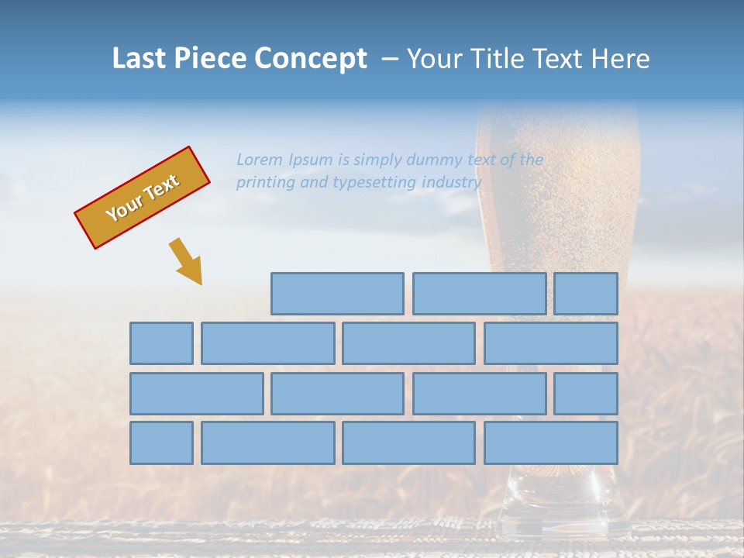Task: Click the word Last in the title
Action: tap(139, 59)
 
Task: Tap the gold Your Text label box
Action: tap(143, 198)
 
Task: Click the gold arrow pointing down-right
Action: tap(187, 262)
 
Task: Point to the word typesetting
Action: tap(374, 183)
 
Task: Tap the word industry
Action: tap(451, 183)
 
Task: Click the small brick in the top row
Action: tap(586, 294)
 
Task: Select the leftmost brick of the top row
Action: tap(337, 294)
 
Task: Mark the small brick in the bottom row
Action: tap(161, 443)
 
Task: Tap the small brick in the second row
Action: tap(161, 343)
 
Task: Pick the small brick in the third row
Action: tap(586, 394)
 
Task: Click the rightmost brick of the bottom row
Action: tap(551, 443)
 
